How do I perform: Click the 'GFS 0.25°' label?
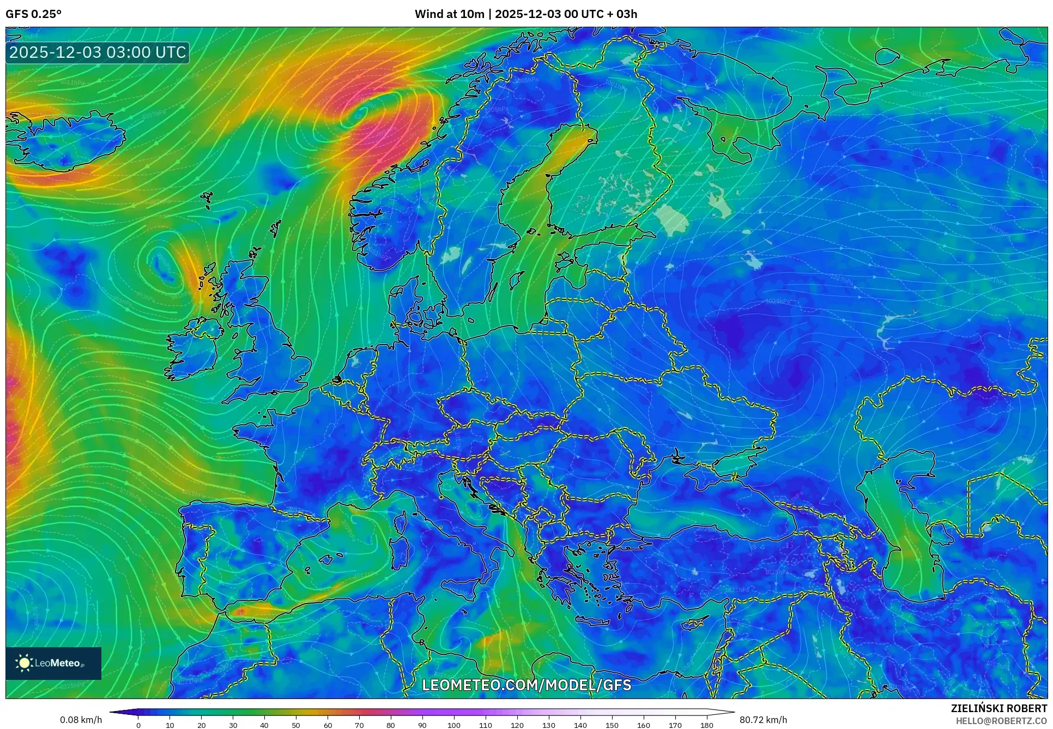pyautogui.click(x=33, y=14)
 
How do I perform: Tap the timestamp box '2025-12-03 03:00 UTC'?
pyautogui.click(x=98, y=52)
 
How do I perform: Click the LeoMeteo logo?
pyautogui.click(x=53, y=663)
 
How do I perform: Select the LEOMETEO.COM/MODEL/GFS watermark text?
pyautogui.click(x=526, y=685)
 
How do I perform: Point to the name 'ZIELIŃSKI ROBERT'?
pyautogui.click(x=998, y=708)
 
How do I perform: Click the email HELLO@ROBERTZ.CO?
pyautogui.click(x=1001, y=721)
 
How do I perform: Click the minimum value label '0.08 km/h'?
pyautogui.click(x=81, y=720)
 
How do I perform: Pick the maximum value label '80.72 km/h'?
pyautogui.click(x=763, y=720)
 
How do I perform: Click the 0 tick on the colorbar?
pyautogui.click(x=138, y=725)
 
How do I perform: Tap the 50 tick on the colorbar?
pyautogui.click(x=296, y=725)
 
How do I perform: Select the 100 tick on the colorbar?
pyautogui.click(x=454, y=725)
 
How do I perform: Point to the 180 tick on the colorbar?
pyautogui.click(x=706, y=725)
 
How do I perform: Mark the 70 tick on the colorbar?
pyautogui.click(x=359, y=725)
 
